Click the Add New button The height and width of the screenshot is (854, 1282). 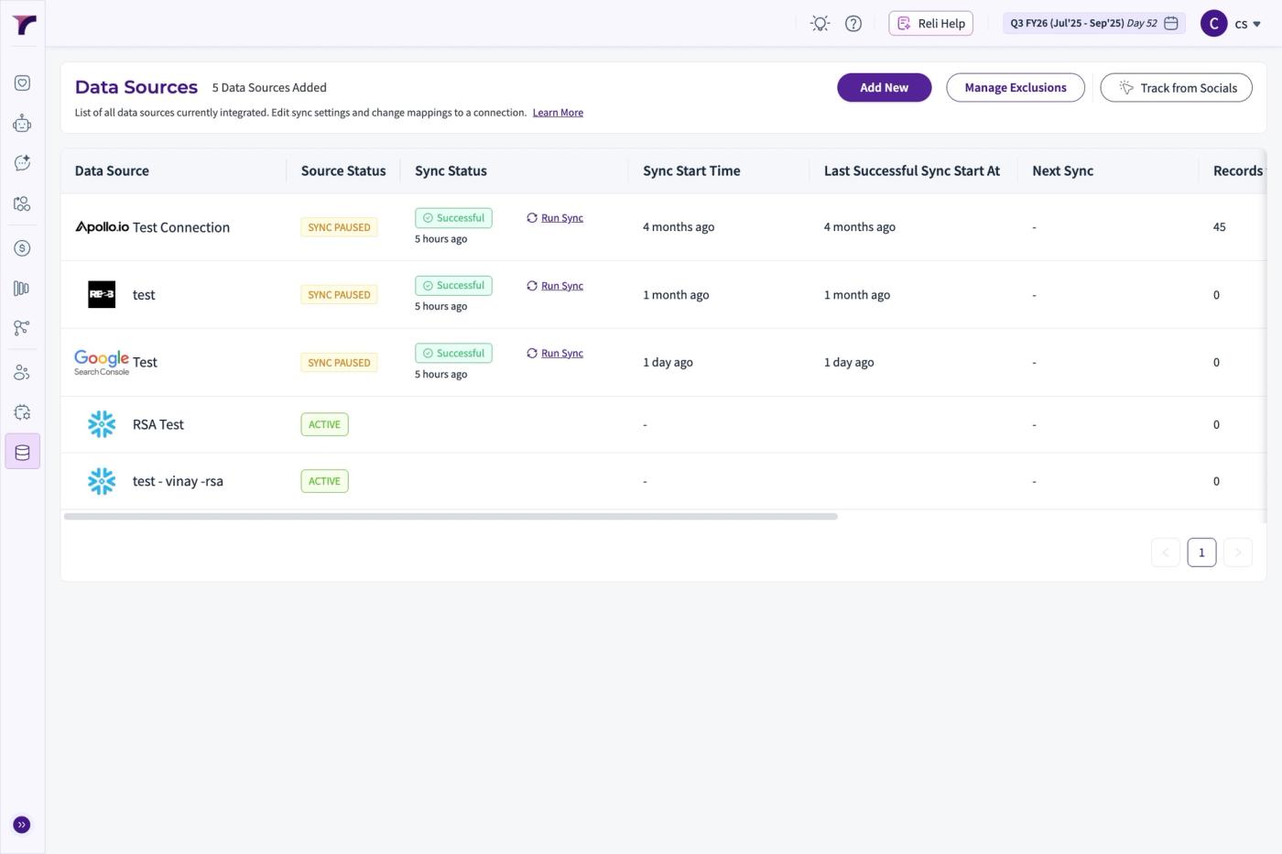tap(884, 88)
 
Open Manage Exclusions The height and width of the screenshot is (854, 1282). tap(1016, 88)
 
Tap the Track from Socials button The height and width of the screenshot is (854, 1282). tap(1176, 88)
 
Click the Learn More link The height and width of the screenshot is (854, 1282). tap(558, 113)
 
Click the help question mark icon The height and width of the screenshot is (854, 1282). tap(853, 24)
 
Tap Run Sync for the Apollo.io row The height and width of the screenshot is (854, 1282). tap(555, 218)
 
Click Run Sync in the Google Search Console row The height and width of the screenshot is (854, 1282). tap(555, 353)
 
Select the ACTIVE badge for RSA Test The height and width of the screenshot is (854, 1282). tap(324, 424)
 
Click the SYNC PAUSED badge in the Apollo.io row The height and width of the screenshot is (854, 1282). tap(339, 227)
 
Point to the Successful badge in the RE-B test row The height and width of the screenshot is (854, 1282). tap(453, 285)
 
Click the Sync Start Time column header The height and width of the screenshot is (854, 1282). tap(691, 170)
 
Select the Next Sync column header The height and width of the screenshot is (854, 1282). tap(1062, 170)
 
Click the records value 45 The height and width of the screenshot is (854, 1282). tap(1219, 227)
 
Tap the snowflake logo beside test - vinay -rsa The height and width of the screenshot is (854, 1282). tap(102, 481)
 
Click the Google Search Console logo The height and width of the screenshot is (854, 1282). tap(102, 362)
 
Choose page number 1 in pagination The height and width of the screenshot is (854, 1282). tap(1201, 553)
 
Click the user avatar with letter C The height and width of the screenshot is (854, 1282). tap(1213, 24)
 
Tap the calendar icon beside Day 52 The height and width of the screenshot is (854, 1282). tap(1171, 24)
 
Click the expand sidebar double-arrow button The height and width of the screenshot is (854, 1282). tap(22, 824)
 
